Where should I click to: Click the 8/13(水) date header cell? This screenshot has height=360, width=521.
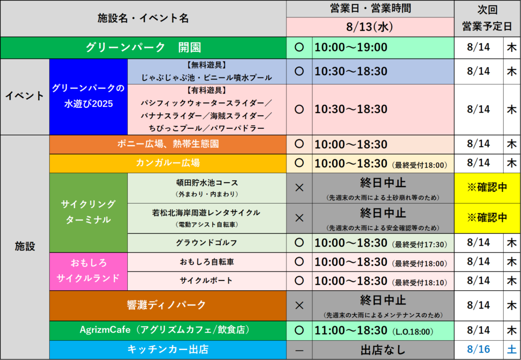tap(370, 27)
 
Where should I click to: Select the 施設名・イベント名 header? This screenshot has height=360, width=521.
tap(143, 18)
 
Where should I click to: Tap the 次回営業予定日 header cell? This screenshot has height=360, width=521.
tap(487, 18)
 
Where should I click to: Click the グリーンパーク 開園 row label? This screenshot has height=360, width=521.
tap(143, 48)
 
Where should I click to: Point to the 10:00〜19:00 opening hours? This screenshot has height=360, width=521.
tap(351, 47)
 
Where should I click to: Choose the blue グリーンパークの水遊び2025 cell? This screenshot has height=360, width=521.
tap(89, 97)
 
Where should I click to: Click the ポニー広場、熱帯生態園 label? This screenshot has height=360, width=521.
tap(168, 144)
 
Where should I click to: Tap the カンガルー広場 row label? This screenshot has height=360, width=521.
tap(168, 163)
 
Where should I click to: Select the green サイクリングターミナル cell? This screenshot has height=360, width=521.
tap(89, 212)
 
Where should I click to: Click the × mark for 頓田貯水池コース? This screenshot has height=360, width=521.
tap(299, 188)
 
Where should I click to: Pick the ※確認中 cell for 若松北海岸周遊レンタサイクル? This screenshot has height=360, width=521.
tap(487, 218)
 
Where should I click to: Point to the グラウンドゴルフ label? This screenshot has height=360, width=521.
tap(207, 243)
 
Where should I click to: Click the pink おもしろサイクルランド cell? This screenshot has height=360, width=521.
tap(89, 271)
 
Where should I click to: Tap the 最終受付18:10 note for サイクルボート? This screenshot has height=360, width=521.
tap(419, 283)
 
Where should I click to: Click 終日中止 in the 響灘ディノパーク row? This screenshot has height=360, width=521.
tap(383, 300)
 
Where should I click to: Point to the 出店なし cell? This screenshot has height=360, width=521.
tap(383, 350)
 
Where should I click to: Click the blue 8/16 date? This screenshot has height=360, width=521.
tap(478, 349)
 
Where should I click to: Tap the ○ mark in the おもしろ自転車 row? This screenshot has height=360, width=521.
tap(299, 262)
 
